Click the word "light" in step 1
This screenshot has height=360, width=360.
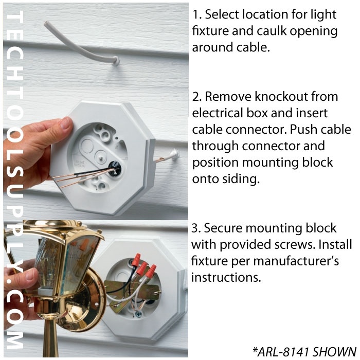click(321, 15)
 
